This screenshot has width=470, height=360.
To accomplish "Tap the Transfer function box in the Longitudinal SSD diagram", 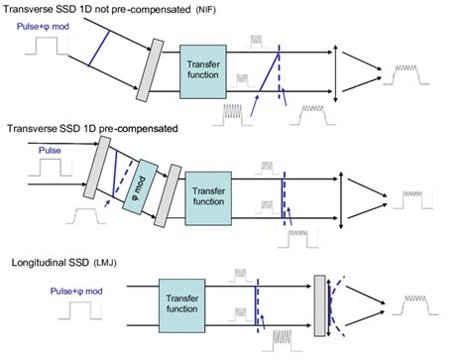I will click(x=165, y=306).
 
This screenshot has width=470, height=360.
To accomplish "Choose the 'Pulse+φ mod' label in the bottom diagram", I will click(x=49, y=293).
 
